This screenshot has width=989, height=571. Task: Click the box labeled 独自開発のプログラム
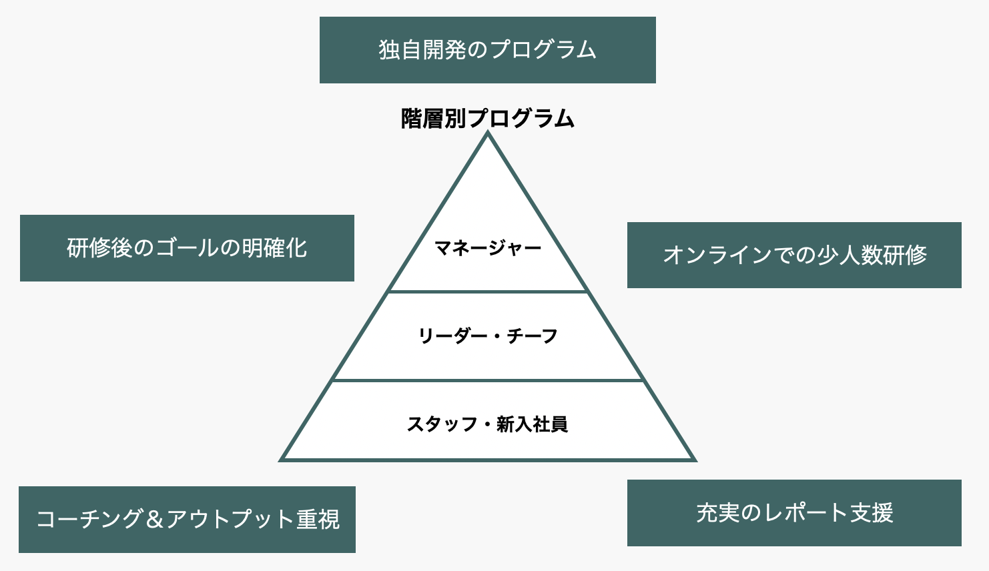tap(487, 50)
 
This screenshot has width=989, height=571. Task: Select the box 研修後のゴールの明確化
tap(187, 248)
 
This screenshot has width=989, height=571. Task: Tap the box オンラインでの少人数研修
tap(794, 255)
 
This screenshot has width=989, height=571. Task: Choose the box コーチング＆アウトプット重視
tap(187, 520)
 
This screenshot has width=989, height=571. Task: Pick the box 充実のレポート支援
tap(794, 513)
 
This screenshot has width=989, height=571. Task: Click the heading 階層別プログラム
tap(487, 119)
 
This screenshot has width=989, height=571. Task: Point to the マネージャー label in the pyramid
tap(487, 247)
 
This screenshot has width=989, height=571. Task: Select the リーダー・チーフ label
tap(487, 336)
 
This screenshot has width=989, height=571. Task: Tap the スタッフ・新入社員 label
tap(487, 424)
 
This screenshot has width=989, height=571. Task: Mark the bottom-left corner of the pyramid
tap(279, 461)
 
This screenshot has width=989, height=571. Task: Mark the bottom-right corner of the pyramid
tap(696, 461)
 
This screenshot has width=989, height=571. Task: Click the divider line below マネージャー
tap(487, 292)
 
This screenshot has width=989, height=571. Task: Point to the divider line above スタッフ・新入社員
tap(487, 380)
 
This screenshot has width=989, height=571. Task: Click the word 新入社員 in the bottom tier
tap(533, 424)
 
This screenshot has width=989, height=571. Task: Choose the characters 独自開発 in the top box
tap(422, 49)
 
